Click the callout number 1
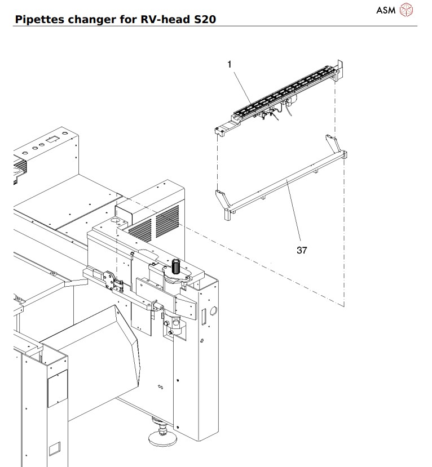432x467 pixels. [230, 65]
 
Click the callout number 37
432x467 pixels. [302, 250]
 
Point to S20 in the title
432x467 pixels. [204, 20]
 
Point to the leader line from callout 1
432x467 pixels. [241, 85]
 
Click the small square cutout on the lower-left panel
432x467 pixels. [54, 449]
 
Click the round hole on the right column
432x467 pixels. [213, 310]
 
